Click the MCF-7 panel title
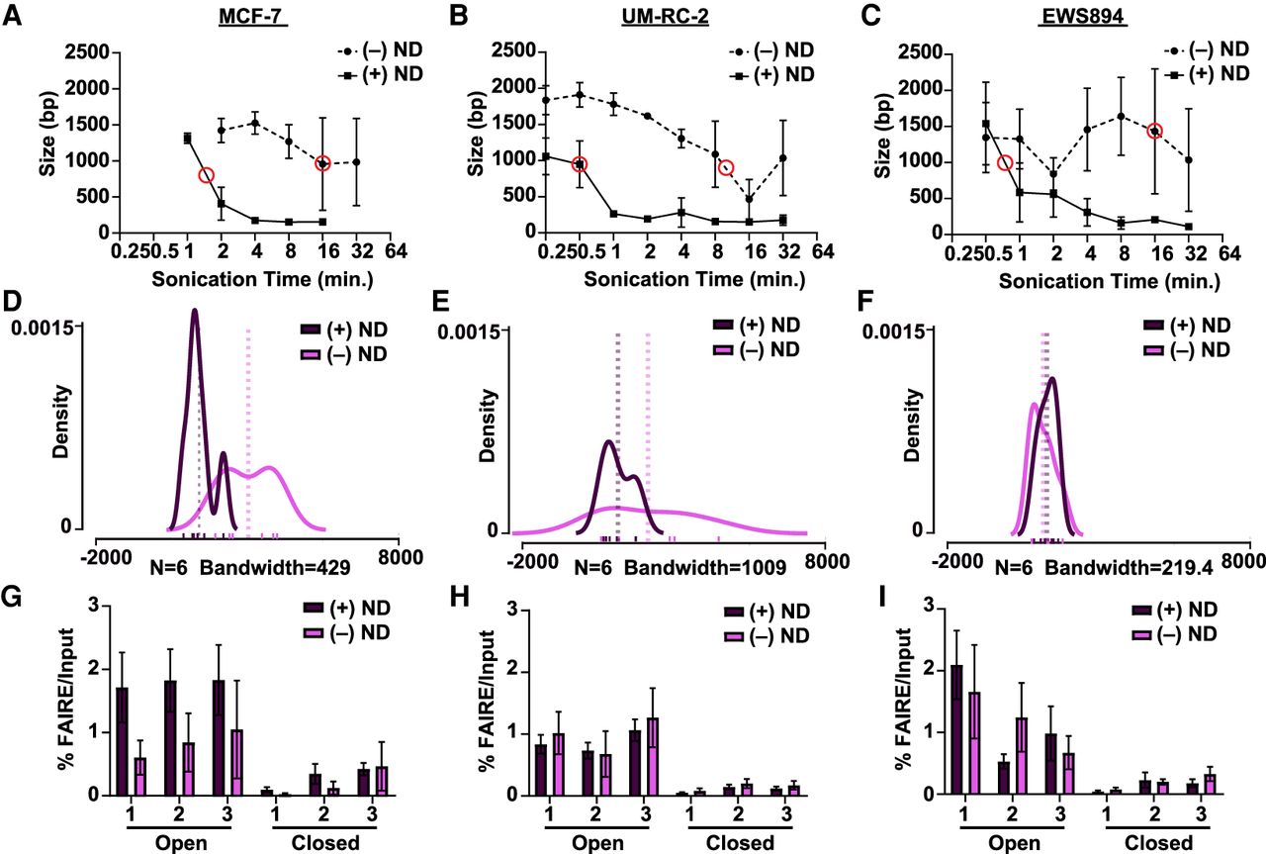point(254,19)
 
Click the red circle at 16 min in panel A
point(322,162)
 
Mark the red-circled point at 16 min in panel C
point(1154,131)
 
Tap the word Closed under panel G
point(321,843)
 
